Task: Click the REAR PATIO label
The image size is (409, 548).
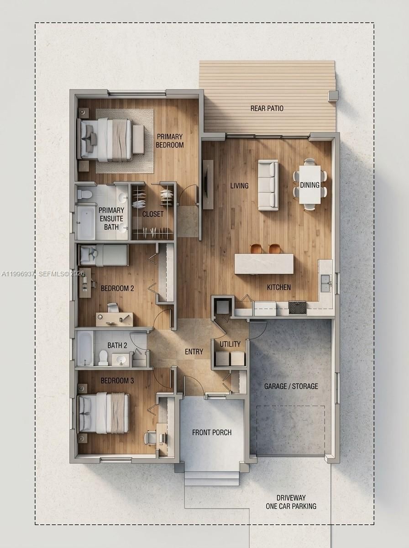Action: (x=267, y=109)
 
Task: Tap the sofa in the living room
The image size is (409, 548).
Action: (x=268, y=185)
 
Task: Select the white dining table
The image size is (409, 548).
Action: (x=310, y=184)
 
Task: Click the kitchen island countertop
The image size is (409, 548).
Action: (x=264, y=264)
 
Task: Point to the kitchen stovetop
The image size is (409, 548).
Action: (x=298, y=307)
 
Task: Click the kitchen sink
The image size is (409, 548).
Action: (x=325, y=283)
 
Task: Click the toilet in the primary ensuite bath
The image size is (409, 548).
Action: (x=85, y=194)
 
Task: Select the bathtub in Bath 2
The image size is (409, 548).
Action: (x=85, y=348)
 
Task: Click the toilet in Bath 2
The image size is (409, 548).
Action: (x=103, y=358)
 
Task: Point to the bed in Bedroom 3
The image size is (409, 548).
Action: (x=104, y=413)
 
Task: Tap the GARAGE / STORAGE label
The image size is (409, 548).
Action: (x=291, y=386)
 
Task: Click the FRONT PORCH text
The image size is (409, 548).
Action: (x=212, y=432)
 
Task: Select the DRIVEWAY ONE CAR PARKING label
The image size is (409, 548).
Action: (x=291, y=502)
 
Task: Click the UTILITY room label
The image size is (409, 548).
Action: (x=230, y=344)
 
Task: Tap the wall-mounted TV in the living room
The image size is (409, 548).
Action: (x=208, y=184)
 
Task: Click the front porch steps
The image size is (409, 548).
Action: (x=212, y=479)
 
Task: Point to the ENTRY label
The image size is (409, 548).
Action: (x=194, y=352)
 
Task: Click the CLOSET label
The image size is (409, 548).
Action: (x=152, y=214)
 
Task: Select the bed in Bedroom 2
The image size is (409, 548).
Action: (x=104, y=255)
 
